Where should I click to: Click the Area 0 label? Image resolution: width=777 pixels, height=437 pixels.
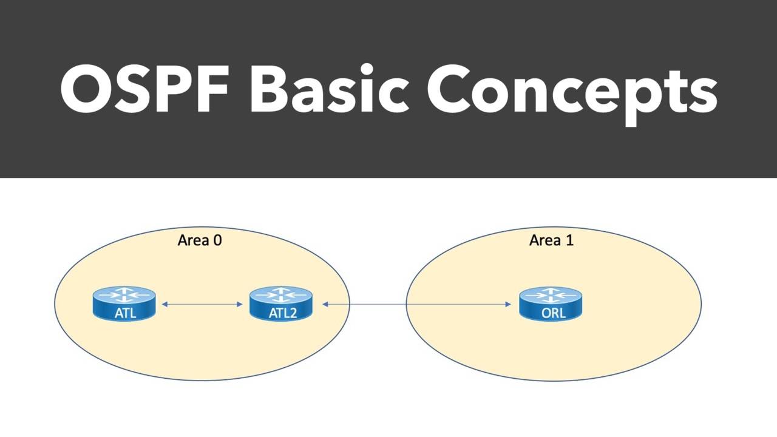point(200,240)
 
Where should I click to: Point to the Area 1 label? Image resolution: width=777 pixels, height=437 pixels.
point(551,240)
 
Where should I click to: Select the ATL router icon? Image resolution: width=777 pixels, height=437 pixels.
point(124,303)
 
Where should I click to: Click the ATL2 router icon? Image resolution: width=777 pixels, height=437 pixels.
point(281,303)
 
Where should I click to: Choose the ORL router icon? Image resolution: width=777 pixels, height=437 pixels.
point(551,303)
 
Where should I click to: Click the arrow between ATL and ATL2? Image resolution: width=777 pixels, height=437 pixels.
point(203,303)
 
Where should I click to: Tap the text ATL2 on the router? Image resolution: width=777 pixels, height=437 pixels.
point(281,313)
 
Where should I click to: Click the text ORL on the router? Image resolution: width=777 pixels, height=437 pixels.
point(551,313)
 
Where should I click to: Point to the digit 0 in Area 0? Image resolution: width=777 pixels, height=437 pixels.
point(217,240)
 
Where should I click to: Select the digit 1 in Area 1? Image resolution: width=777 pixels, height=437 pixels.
point(569,240)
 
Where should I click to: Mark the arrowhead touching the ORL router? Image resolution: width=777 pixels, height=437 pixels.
point(508,303)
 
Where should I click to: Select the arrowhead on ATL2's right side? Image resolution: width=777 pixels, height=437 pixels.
point(325,303)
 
